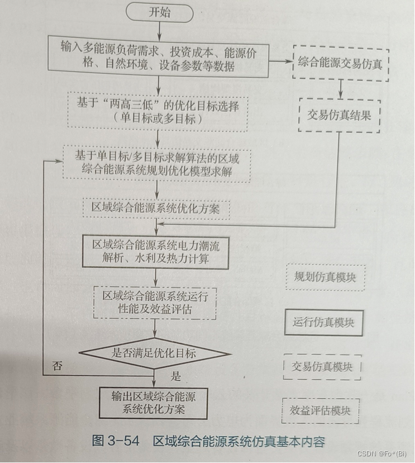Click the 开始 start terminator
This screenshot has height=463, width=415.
[160, 13]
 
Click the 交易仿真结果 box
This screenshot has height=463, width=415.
[340, 115]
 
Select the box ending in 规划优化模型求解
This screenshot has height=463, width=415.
[157, 163]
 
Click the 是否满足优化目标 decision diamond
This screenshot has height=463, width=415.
[155, 353]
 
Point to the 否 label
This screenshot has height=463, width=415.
[57, 367]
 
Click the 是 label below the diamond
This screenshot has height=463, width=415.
[176, 376]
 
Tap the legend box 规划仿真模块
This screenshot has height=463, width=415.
[325, 277]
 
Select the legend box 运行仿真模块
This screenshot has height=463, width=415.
[324, 323]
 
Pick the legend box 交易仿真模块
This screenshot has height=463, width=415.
[322, 367]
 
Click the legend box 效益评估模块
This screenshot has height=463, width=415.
[320, 411]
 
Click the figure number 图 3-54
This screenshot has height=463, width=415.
[115, 441]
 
